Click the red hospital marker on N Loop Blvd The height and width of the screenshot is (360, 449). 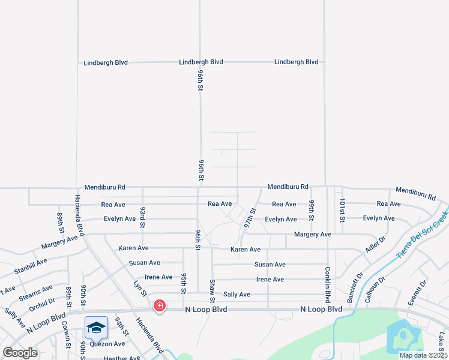160,305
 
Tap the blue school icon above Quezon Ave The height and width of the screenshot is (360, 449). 96,328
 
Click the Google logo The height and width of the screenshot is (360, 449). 20,353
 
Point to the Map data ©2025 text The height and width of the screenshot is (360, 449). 423,355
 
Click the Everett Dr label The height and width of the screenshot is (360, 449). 417,293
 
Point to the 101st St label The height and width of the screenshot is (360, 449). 342,210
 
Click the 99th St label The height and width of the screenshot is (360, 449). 312,210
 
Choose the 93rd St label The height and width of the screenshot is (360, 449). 143,217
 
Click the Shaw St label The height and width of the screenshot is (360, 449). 212,290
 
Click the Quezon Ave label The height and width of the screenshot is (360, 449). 107,344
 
